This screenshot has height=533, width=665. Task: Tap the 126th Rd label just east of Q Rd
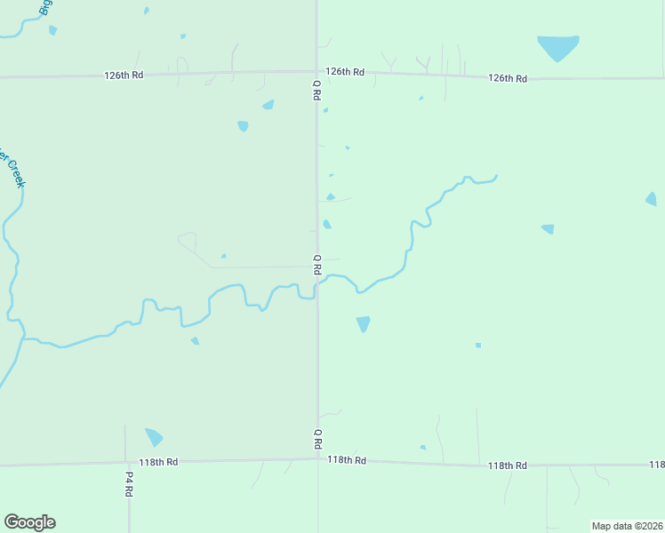tap(345, 71)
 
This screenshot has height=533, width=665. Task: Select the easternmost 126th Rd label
tap(508, 78)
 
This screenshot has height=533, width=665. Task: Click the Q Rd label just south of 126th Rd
tap(316, 91)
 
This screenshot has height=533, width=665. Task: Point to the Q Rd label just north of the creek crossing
tap(316, 264)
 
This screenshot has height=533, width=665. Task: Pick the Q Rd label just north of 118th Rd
tap(316, 438)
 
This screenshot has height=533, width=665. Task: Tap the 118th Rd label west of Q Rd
tap(158, 462)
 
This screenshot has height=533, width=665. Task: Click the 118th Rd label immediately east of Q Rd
tap(347, 460)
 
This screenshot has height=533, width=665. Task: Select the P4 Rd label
tap(128, 483)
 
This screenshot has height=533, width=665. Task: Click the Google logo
tap(29, 522)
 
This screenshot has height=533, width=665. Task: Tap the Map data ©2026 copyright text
tap(627, 526)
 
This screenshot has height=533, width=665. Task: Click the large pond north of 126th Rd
tap(557, 46)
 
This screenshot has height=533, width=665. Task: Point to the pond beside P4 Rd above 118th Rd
tap(154, 436)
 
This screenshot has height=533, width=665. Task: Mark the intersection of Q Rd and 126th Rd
tap(317, 73)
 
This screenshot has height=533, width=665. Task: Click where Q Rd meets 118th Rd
tap(317, 459)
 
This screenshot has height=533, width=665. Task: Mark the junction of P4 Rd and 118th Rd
tap(127, 463)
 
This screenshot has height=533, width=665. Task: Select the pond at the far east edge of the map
tap(651, 199)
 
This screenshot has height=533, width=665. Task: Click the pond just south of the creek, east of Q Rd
tap(363, 323)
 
